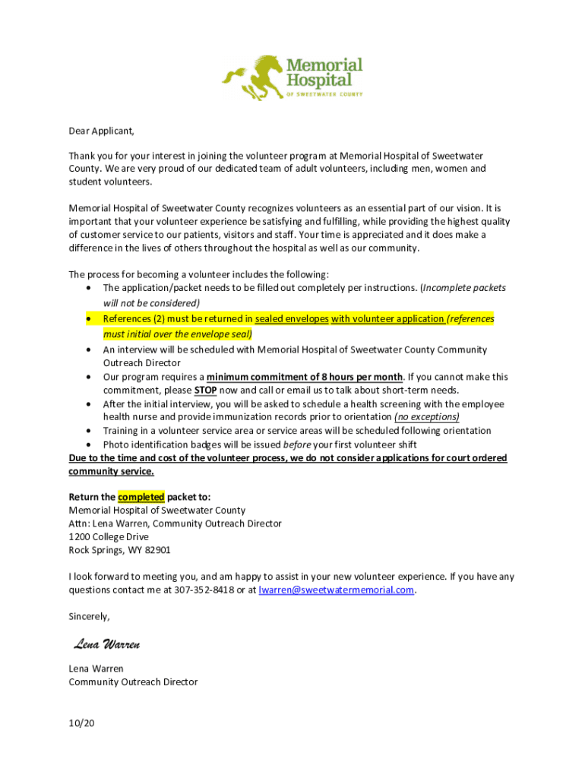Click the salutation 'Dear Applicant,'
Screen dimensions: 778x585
click(101, 131)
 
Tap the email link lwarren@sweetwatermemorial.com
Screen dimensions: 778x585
click(337, 590)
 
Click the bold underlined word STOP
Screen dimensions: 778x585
click(205, 391)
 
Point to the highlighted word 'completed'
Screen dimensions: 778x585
click(141, 497)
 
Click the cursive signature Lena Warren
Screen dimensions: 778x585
click(107, 645)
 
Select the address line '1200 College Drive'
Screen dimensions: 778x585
click(109, 536)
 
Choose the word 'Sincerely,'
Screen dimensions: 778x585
click(90, 616)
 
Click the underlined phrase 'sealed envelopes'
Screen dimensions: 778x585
click(292, 319)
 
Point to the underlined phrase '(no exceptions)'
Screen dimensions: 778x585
click(427, 417)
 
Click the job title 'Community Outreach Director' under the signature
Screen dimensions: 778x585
click(133, 682)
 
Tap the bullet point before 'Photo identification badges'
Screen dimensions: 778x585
click(90, 444)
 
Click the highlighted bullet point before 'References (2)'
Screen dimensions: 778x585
click(90, 319)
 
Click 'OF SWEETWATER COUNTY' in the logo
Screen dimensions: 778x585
click(324, 95)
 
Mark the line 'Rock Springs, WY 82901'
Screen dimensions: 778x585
click(120, 550)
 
